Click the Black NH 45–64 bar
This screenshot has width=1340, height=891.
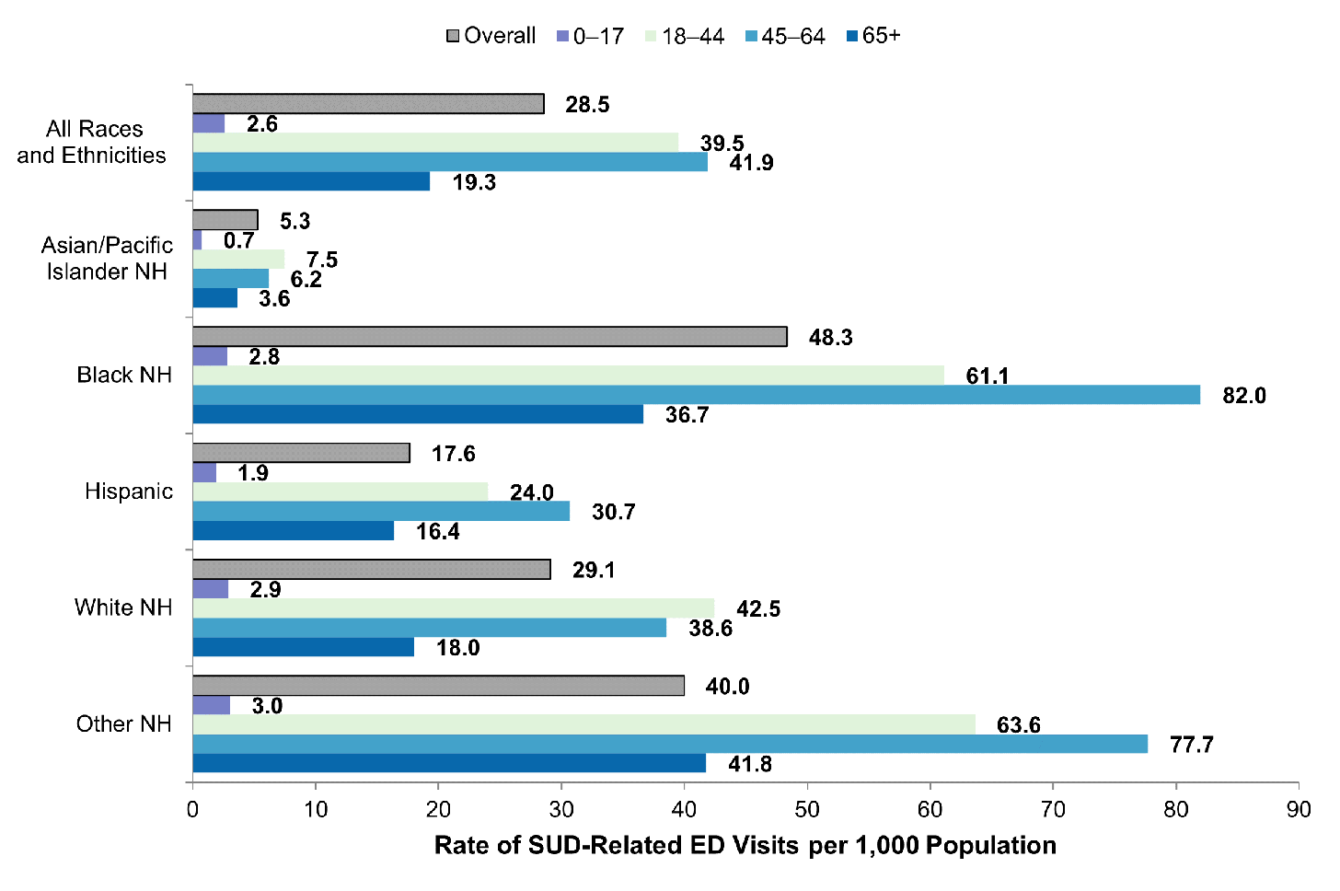696,395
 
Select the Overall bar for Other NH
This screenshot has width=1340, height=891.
438,686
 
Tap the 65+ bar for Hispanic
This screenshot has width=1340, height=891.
293,531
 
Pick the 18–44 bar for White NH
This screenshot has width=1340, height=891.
453,608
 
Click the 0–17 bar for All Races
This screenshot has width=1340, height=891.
208,123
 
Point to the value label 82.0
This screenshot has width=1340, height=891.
1243,396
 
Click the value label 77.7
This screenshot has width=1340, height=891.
1191,745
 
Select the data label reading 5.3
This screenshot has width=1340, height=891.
295,221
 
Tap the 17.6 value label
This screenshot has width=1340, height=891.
453,454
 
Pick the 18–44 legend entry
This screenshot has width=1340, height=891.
685,36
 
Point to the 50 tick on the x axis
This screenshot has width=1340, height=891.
807,810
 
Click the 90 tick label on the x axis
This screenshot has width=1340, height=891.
1299,810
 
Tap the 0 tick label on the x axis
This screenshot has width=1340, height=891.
192,810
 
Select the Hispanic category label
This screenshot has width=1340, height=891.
129,492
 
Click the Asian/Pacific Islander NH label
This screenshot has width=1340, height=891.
107,259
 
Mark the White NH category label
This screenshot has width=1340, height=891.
123,607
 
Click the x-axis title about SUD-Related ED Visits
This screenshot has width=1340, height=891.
745,846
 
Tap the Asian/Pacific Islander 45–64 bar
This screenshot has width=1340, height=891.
230,279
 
